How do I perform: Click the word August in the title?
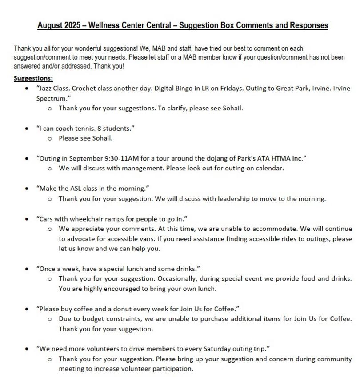coord(50,25)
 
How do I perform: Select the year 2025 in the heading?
coord(72,25)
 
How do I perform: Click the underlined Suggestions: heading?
coord(33,78)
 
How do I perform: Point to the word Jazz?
coord(47,89)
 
